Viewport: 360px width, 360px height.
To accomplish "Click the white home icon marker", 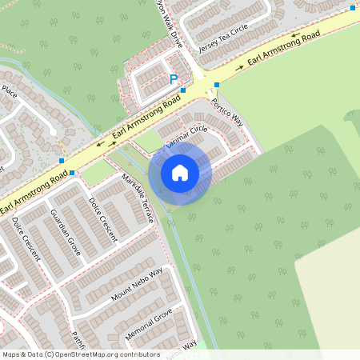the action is click(179, 172).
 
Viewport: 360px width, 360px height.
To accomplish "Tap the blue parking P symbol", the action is click(174, 79).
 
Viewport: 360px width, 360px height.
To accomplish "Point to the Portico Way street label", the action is click(227, 113).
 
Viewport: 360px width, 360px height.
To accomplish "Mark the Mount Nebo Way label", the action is click(137, 285).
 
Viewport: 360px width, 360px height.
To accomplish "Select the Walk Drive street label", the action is click(169, 23).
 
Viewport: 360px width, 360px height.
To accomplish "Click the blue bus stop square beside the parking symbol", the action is click(183, 91).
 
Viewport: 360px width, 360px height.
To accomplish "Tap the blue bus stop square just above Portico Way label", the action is click(217, 85).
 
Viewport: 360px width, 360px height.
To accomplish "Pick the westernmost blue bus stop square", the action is click(72, 173).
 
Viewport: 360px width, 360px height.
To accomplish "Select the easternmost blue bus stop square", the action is click(353, 8).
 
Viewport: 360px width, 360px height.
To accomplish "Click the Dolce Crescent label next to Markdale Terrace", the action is click(103, 219).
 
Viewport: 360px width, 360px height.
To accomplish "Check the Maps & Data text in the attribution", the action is click(22, 354).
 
